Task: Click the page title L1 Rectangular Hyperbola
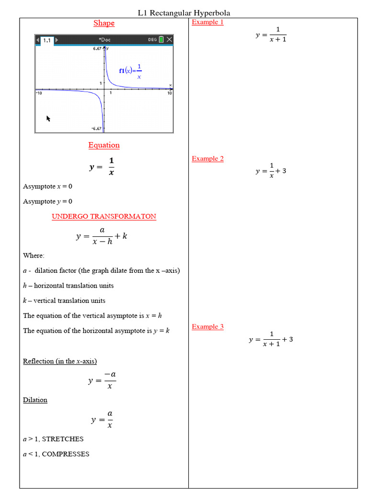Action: (184, 13)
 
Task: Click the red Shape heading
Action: (104, 23)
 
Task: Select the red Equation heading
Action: (104, 145)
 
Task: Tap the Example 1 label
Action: (207, 22)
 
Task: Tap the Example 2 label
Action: (207, 159)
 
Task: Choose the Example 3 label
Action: (207, 327)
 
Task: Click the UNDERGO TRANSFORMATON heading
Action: (104, 216)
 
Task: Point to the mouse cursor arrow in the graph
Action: (48, 118)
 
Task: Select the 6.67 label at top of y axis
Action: (97, 48)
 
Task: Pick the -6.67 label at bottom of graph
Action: (96, 129)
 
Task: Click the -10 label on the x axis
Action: (39, 93)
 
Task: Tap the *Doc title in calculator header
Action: (104, 40)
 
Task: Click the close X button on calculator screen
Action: (169, 40)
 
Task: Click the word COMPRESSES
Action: (66, 454)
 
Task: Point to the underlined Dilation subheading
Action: (35, 400)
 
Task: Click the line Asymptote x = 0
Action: (47, 186)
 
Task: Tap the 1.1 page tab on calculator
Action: (47, 40)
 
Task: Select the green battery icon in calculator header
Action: (161, 40)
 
